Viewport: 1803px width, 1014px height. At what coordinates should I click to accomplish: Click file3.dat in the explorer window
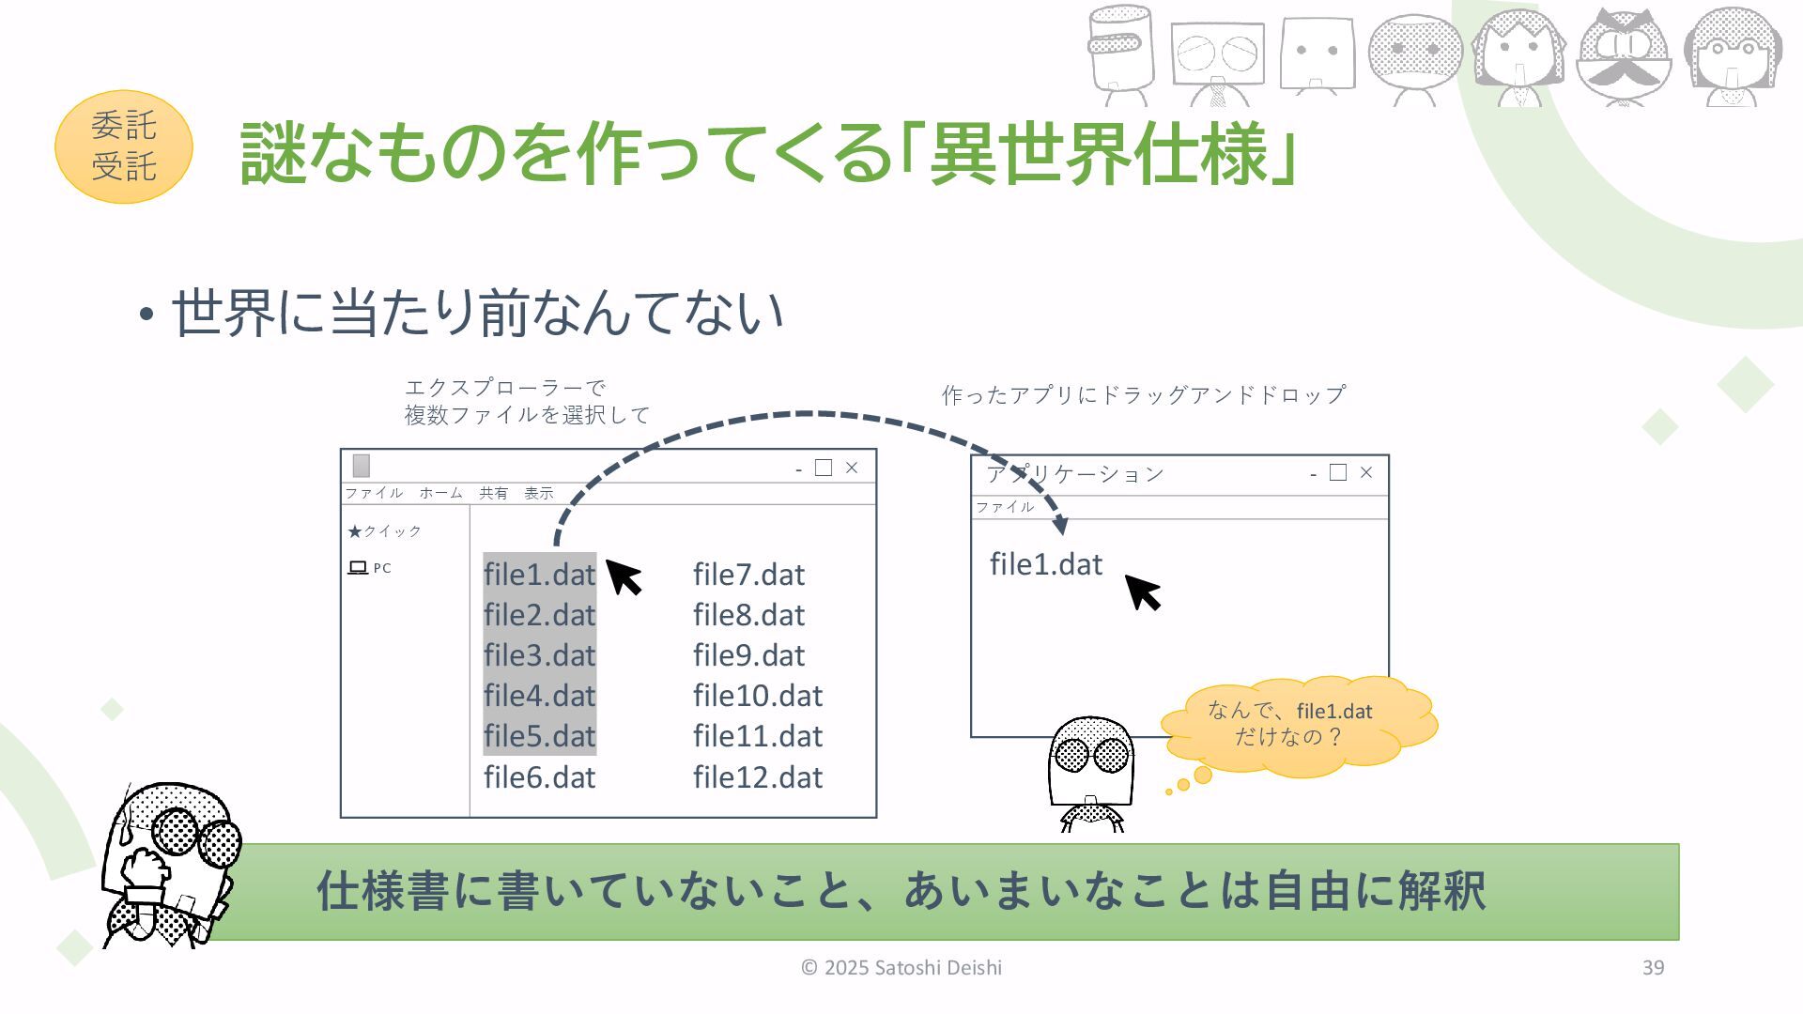tap(540, 655)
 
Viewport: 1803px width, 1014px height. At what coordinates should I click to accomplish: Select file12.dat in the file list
tap(758, 777)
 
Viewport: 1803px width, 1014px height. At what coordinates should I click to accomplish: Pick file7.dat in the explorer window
tap(749, 575)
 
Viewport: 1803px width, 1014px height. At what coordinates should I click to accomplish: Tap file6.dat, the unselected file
tap(540, 777)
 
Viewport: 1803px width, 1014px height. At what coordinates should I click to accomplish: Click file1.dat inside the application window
tap(1046, 564)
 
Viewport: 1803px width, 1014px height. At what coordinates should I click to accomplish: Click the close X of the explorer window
tap(852, 468)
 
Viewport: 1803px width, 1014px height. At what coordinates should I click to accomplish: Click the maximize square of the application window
tap(1338, 472)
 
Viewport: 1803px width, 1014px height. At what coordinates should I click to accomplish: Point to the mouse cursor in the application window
tap(1143, 592)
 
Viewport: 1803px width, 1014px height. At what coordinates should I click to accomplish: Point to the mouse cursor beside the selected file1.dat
tap(624, 576)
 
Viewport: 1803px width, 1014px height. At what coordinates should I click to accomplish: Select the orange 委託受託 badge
tap(124, 146)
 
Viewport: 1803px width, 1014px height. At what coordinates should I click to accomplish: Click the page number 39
tap(1654, 968)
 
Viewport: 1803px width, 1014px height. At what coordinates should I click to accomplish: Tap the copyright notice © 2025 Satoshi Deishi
tap(901, 968)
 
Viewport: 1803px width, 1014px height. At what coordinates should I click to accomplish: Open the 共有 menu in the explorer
tap(493, 493)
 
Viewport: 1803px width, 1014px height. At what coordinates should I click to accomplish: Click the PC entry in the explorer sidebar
tap(370, 568)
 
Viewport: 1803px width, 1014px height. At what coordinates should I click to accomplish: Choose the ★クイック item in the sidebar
tap(385, 531)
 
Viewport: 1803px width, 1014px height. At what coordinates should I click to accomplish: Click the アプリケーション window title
tap(1075, 474)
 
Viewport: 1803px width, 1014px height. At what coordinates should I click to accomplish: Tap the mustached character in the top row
tap(1624, 56)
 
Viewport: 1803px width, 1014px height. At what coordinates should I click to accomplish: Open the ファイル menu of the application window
tap(1005, 507)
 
